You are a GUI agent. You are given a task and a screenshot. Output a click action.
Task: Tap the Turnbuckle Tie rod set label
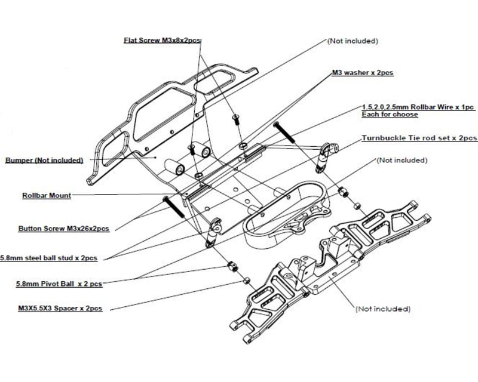tap(419, 138)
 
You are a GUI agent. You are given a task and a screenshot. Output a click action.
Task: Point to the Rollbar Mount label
tap(47, 195)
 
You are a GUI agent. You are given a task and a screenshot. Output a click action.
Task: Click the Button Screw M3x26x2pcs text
tap(63, 229)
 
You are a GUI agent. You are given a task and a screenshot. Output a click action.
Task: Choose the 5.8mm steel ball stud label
tap(49, 258)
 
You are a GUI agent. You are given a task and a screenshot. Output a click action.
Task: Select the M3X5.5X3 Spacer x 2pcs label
tap(60, 309)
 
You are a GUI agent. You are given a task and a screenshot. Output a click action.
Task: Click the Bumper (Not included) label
tap(44, 160)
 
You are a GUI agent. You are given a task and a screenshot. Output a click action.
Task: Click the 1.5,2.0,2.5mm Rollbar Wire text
tap(418, 106)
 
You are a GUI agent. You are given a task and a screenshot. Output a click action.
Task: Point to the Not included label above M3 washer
tap(353, 41)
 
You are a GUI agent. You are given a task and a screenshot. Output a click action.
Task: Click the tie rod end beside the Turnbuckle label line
tap(325, 155)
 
